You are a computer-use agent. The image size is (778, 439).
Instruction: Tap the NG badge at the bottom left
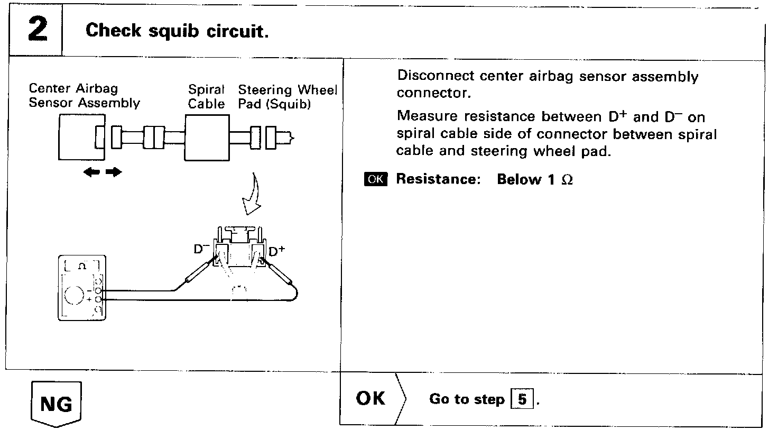coord(57,404)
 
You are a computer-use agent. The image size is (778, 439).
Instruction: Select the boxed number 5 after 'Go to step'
coord(522,399)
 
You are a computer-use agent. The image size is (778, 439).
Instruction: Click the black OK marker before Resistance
coord(376,179)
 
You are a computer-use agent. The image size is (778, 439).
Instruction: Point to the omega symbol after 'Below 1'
coord(567,180)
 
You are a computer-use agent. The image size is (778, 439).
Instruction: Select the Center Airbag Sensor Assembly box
coord(79,138)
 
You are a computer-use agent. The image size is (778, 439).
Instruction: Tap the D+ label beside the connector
coord(276,252)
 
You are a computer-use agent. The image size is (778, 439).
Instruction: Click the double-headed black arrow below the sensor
coord(103,172)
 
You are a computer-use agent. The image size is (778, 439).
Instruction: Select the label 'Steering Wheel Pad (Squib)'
coord(287,97)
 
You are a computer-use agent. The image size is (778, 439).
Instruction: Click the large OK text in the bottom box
coord(371,398)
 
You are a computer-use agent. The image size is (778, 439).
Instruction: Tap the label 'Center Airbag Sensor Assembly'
coord(84,96)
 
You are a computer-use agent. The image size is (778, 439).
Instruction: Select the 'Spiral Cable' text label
coord(207,97)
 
